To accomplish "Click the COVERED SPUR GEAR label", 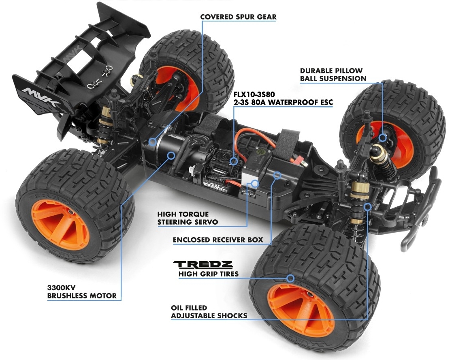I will (239, 17).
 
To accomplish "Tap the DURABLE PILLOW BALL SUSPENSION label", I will (333, 75).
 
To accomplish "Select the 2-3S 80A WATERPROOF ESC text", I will (283, 103).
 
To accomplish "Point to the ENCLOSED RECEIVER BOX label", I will (218, 240).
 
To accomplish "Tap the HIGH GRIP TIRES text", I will (208, 274).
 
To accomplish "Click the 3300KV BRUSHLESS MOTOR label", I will (82, 291).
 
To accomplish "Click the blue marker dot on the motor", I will (172, 154).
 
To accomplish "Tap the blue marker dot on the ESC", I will (234, 161).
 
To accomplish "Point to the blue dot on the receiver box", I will (278, 175).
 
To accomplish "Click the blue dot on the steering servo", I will (255, 184).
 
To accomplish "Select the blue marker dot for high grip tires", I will (290, 278).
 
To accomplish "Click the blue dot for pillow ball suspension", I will (383, 138).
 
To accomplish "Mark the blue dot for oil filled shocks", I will (367, 207).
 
